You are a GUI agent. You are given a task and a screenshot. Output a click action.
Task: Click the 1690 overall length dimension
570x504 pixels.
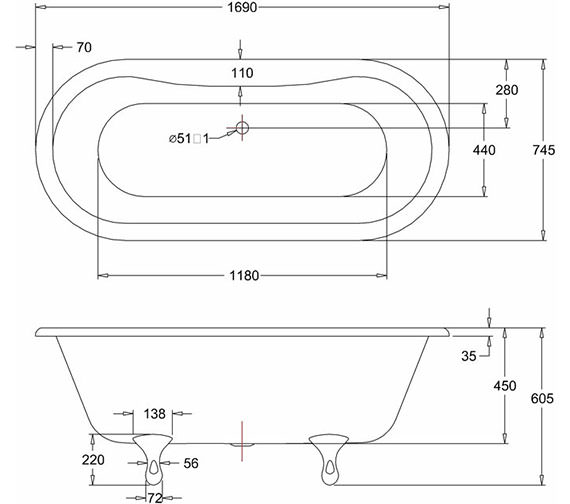(242, 7)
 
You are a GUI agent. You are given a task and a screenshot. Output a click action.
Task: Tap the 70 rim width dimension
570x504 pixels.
(84, 47)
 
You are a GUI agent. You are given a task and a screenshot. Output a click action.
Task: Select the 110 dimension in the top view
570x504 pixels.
(242, 73)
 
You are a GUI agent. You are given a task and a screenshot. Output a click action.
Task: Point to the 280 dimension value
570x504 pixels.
(507, 90)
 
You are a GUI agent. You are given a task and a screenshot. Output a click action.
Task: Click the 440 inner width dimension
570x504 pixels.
(484, 150)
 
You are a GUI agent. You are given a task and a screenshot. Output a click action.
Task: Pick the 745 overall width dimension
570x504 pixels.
(544, 150)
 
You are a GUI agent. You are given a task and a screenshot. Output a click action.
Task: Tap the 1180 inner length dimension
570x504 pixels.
(244, 276)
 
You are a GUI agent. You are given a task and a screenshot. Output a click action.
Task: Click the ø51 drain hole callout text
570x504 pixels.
(189, 139)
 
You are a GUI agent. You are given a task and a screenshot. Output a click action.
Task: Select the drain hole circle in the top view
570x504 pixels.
(242, 128)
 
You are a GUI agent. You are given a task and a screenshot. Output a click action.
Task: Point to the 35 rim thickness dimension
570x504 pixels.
(469, 356)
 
